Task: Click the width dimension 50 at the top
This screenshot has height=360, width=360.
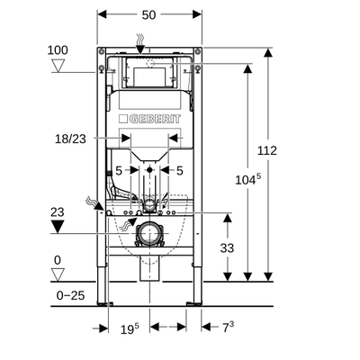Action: click(x=148, y=15)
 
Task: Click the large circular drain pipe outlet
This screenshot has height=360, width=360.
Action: click(x=148, y=237)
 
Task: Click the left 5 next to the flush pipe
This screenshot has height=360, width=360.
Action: click(x=118, y=169)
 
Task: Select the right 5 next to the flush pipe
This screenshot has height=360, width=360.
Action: click(x=180, y=169)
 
